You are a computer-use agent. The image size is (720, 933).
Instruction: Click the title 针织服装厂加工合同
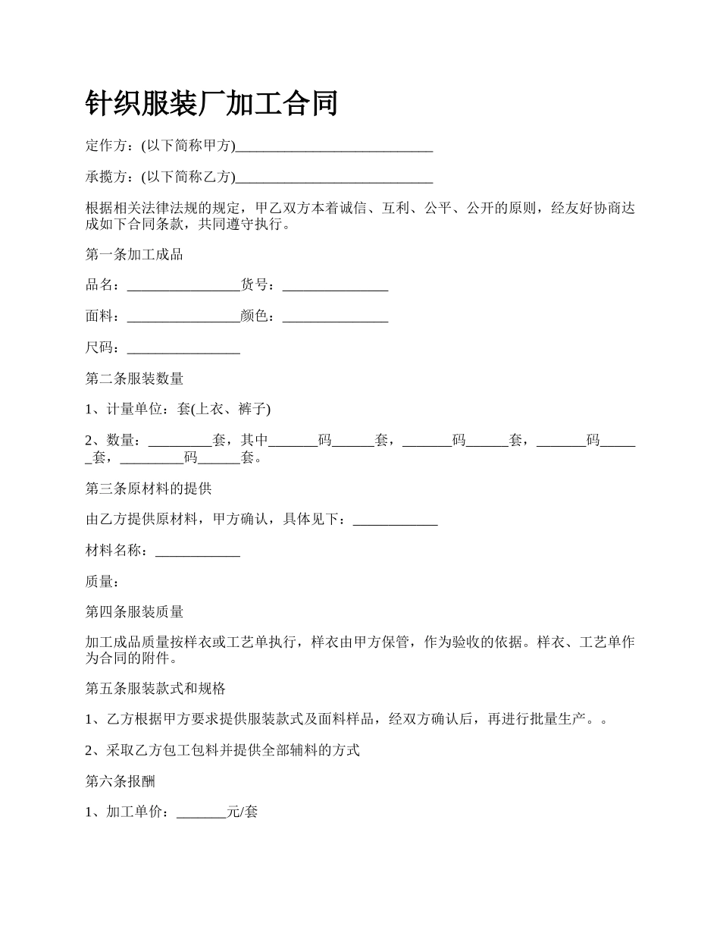211,104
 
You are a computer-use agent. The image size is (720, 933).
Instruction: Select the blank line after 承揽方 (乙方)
334,177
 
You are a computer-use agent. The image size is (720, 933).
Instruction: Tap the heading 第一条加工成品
134,254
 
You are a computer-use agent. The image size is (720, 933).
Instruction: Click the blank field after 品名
183,285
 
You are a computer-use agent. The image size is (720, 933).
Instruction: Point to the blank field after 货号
335,285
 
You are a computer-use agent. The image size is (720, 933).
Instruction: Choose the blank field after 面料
183,316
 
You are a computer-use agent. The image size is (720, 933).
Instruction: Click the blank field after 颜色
335,316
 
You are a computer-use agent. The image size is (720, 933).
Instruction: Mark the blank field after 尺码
183,348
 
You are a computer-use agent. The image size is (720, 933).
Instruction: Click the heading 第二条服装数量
134,379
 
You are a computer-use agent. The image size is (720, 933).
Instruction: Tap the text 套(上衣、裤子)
224,410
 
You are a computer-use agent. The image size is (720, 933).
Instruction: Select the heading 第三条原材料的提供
148,489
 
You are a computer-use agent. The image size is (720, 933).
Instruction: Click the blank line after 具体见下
396,520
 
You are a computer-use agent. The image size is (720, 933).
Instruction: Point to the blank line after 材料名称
198,551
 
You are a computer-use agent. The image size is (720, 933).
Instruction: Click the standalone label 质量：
102,582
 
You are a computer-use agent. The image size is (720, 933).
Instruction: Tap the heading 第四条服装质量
134,612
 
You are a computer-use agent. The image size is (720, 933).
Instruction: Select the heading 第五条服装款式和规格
155,689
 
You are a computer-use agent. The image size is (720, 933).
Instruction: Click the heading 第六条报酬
121,781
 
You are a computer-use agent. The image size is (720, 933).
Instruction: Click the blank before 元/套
201,812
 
